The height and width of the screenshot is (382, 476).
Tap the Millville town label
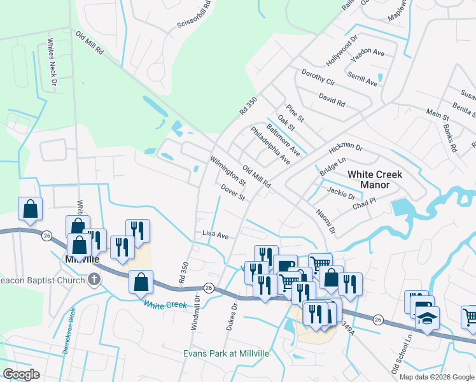[x=83, y=259]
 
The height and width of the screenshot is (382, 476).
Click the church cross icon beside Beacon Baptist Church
[x=94, y=279]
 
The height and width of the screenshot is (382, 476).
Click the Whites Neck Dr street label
[x=52, y=64]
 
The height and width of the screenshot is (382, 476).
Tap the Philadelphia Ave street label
[x=270, y=146]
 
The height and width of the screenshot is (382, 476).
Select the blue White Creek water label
[x=165, y=305]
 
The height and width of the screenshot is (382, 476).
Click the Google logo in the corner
[x=21, y=374]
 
